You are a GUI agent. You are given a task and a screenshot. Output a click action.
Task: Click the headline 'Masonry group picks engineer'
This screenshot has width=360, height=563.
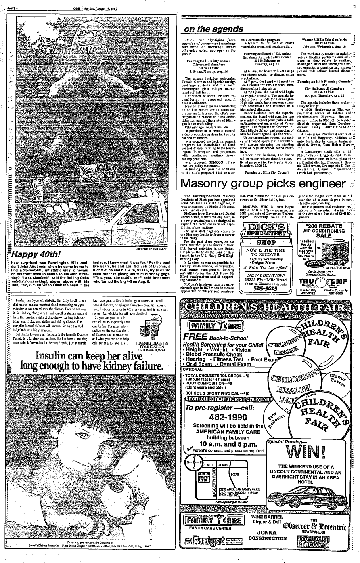263,184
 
